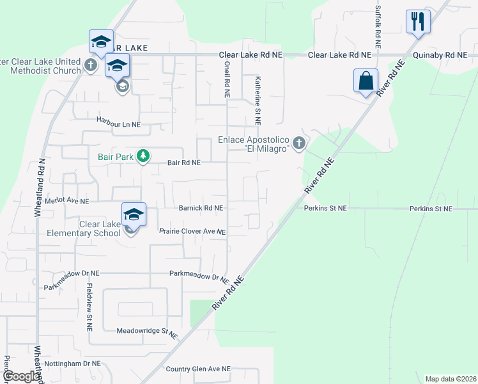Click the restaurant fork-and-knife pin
click(418, 22)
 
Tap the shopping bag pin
click(366, 81)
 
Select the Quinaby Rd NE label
click(440, 56)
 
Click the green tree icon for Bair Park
click(144, 156)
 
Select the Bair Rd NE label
click(184, 163)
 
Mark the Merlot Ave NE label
click(66, 201)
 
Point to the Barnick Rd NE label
click(201, 208)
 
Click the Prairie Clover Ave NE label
click(192, 231)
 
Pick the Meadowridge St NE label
click(146, 332)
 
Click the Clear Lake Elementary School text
click(83, 228)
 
